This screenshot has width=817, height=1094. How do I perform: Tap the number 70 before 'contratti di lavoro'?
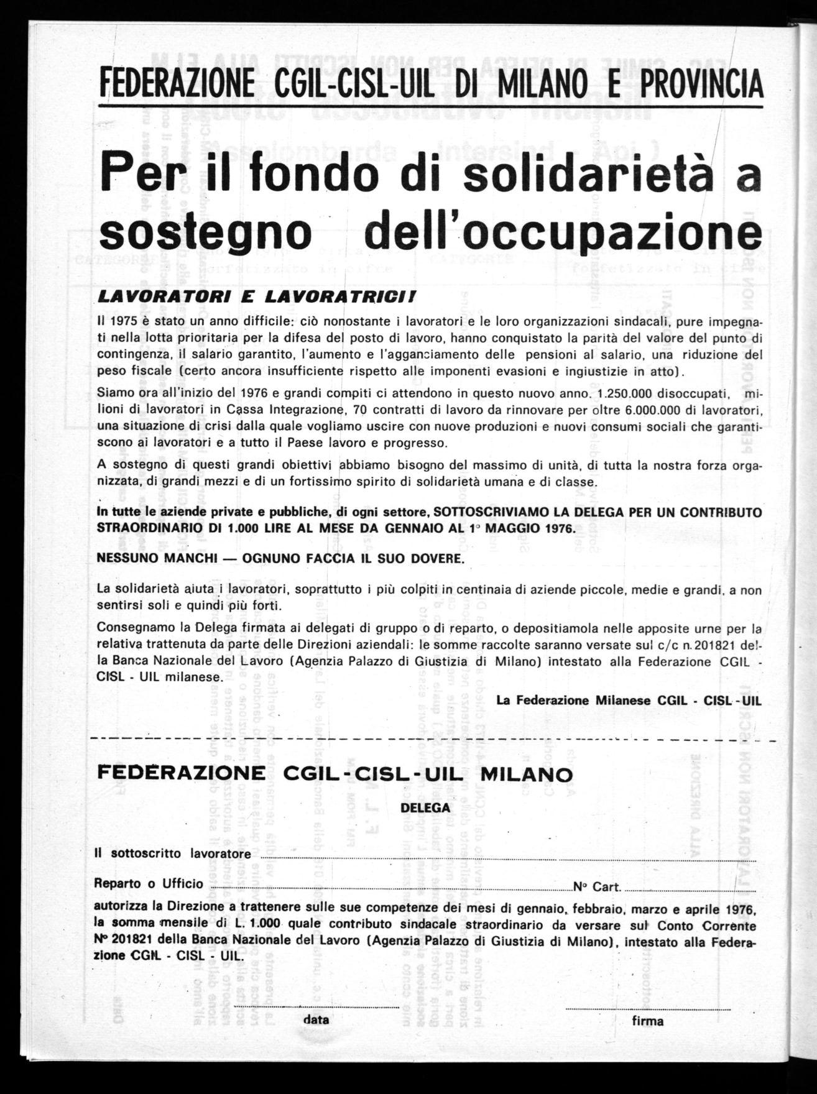(361, 410)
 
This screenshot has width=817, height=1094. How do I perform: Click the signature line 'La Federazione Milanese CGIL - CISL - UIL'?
(629, 700)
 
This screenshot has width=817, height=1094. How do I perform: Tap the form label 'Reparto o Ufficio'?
(149, 883)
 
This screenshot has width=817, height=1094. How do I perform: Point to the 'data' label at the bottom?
(316, 1019)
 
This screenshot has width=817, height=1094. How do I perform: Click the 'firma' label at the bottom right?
(647, 1020)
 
